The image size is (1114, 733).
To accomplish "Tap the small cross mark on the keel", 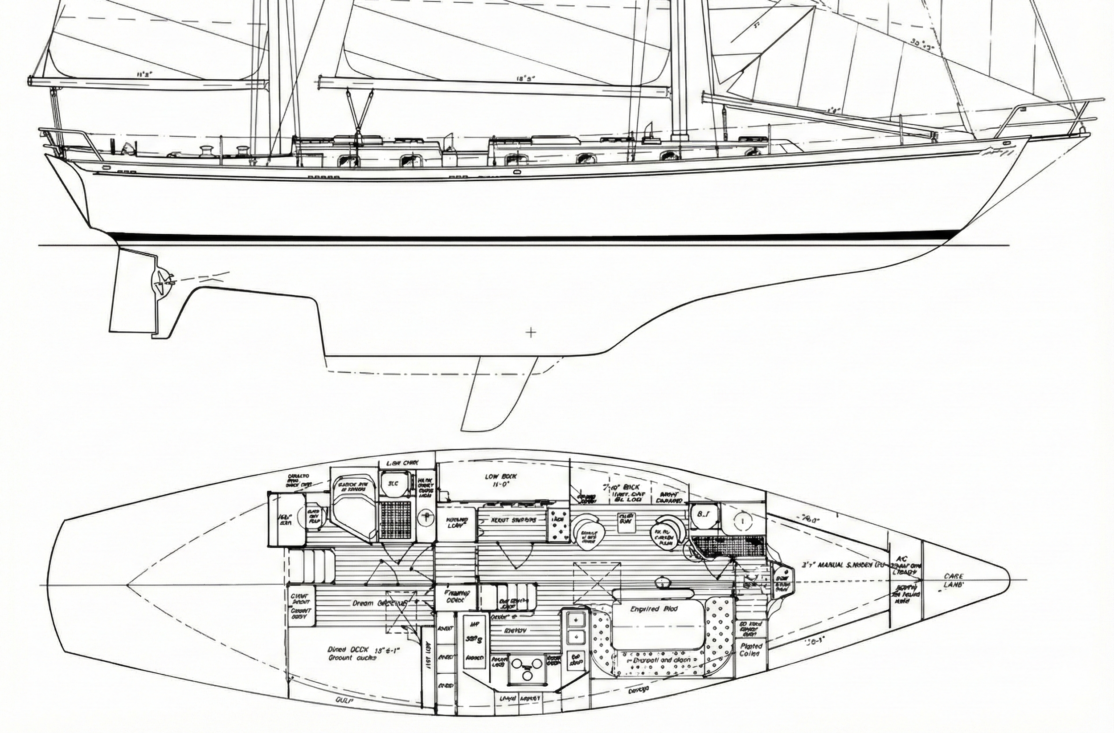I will (x=531, y=333).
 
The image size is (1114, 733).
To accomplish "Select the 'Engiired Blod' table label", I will (x=654, y=609).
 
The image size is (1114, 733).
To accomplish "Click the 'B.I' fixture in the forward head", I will (x=702, y=513).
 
